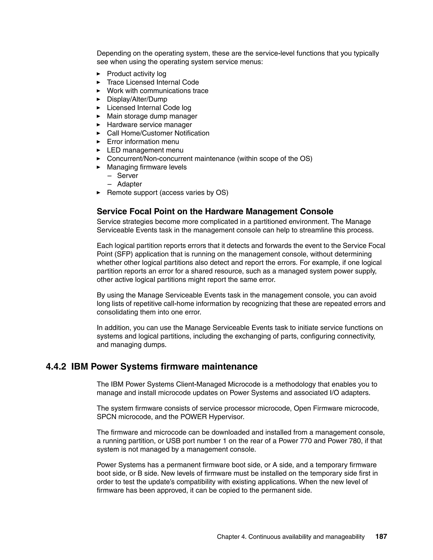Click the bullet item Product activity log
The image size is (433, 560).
point(136,74)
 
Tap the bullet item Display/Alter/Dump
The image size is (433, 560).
point(137,99)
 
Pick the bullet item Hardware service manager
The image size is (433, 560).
point(149,125)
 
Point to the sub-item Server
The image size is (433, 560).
point(127,176)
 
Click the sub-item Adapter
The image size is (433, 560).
point(129,184)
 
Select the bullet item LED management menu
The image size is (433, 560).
point(145,150)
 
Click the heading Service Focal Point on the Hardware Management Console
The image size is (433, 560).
point(215,211)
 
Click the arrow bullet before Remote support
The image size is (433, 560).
point(99,193)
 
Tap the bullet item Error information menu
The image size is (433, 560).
point(143,142)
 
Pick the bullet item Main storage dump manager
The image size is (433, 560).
point(152,116)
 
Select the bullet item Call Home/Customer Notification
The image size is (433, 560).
point(158,133)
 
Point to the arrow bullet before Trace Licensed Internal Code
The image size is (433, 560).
point(99,82)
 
